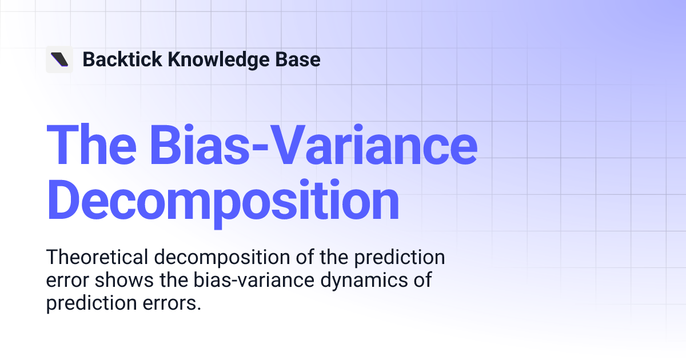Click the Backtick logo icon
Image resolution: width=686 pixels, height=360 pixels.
coord(59,59)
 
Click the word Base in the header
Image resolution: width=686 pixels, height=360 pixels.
coord(300,59)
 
